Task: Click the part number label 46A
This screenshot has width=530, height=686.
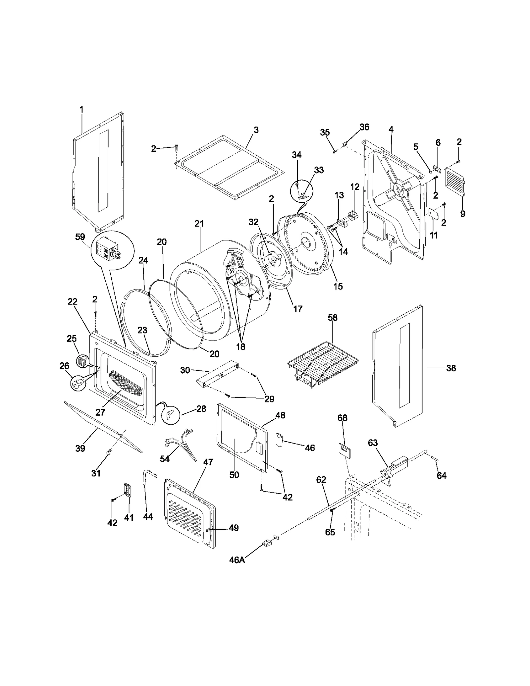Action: click(x=237, y=560)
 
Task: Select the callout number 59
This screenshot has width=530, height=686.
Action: click(x=80, y=237)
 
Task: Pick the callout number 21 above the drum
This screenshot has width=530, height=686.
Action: click(x=199, y=224)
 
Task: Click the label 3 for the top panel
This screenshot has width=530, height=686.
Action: click(x=256, y=130)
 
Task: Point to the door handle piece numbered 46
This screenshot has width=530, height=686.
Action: click(x=279, y=440)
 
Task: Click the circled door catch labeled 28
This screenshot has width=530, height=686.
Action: click(x=170, y=414)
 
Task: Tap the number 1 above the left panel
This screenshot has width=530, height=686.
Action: click(x=81, y=109)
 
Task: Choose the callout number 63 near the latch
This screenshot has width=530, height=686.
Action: click(x=373, y=443)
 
